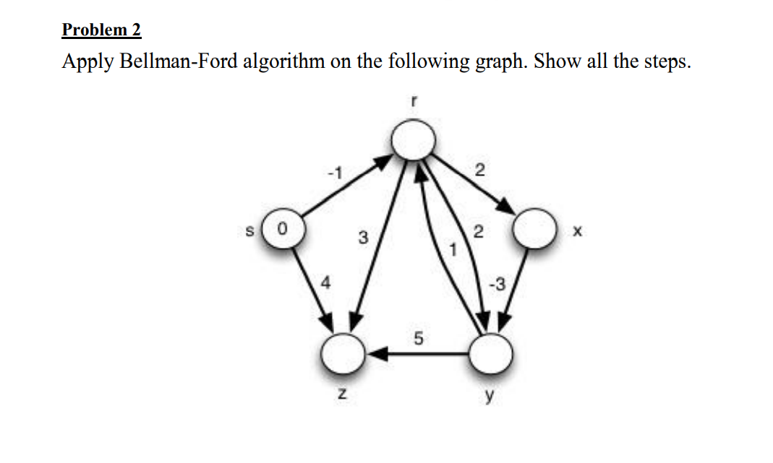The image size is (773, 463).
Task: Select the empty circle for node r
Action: coord(413,139)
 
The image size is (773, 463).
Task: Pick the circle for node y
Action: coord(491,352)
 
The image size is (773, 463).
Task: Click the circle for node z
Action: coord(341,353)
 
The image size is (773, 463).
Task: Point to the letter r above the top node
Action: coord(412,103)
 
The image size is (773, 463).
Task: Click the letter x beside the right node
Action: coord(576,233)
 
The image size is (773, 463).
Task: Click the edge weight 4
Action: coord(325,285)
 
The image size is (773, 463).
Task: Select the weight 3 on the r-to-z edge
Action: coord(362,237)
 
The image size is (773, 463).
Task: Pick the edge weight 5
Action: coord(418,337)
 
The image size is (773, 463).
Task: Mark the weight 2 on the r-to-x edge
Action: coord(479,170)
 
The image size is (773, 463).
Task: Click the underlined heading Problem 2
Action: coord(101,30)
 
